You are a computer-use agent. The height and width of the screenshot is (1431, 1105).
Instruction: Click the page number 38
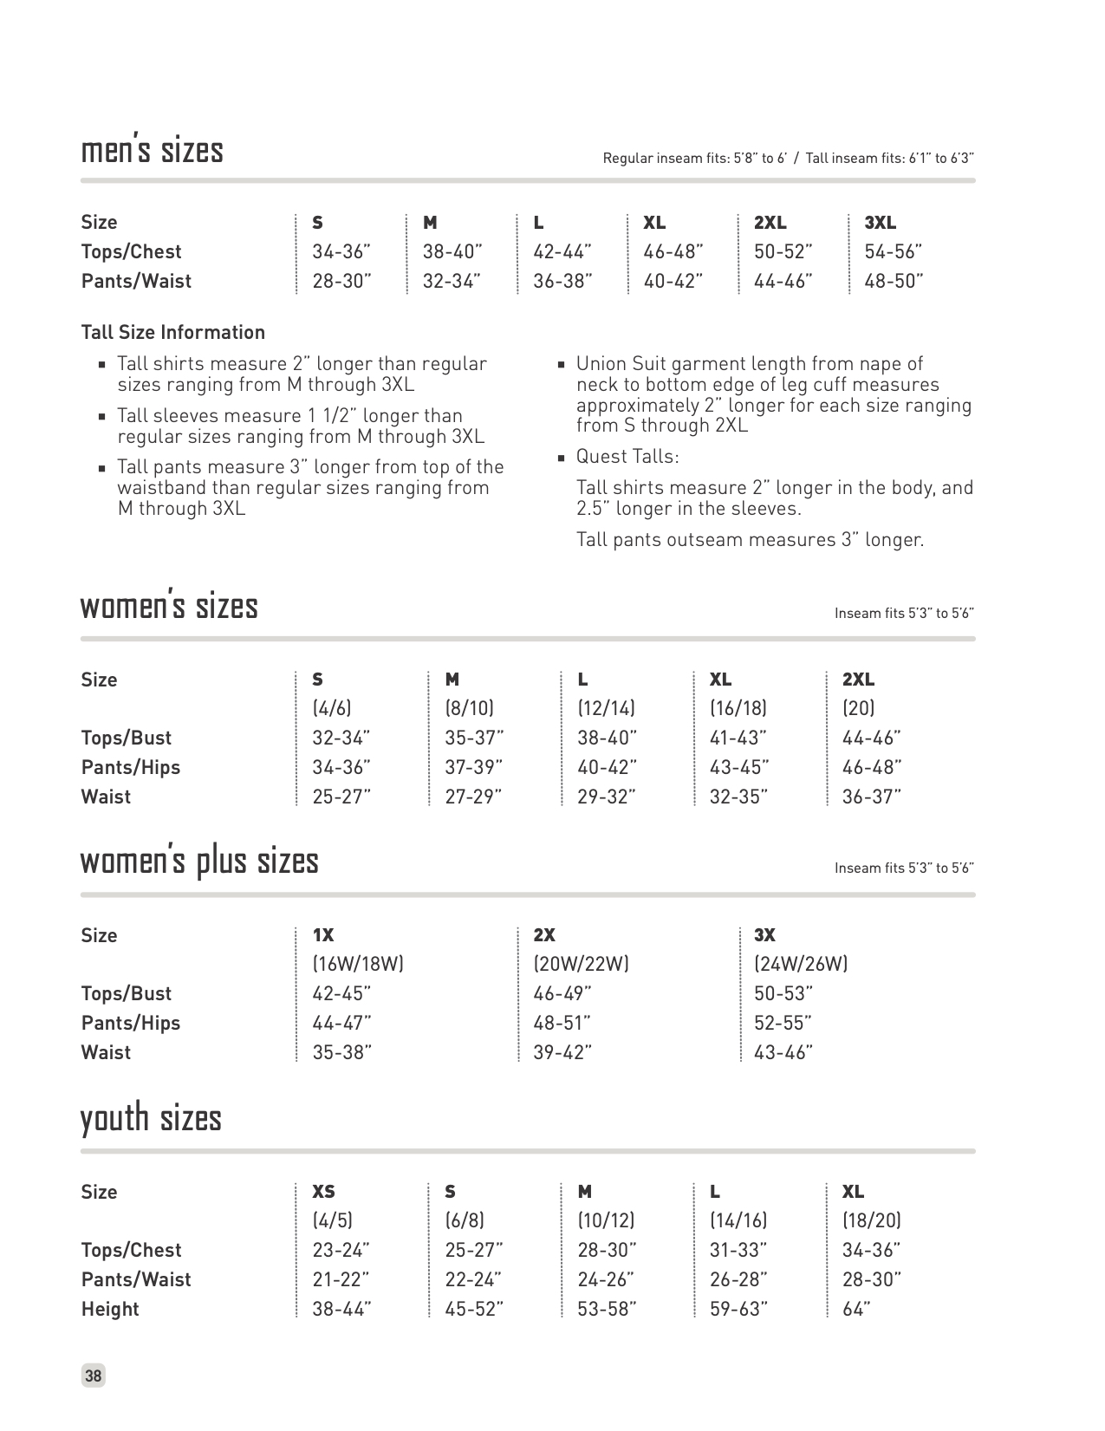[x=93, y=1376]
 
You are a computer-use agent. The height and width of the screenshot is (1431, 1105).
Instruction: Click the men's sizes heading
[x=152, y=151]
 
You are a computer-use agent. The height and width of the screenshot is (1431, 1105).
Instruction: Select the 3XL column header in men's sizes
[x=880, y=223]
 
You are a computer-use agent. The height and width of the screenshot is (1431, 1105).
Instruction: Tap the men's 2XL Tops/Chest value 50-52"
[x=783, y=252]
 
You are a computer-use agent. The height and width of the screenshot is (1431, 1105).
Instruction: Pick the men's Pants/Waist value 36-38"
[x=562, y=282]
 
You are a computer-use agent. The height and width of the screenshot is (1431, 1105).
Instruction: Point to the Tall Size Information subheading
[x=172, y=333]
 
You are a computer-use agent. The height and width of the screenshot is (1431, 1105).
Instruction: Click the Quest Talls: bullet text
[x=627, y=457]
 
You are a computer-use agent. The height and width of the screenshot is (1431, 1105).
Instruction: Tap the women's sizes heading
[x=169, y=607]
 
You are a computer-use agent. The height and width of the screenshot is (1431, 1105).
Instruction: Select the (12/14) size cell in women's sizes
[x=606, y=709]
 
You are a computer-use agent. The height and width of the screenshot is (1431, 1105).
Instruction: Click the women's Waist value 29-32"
[x=607, y=797]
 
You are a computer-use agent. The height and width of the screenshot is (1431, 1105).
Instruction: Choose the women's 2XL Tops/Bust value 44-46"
[x=871, y=738]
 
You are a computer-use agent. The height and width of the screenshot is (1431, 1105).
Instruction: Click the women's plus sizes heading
[x=199, y=862]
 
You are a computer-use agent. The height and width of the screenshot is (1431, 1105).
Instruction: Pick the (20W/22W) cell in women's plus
[x=581, y=964]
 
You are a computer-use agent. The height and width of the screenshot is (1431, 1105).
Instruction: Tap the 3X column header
[x=764, y=935]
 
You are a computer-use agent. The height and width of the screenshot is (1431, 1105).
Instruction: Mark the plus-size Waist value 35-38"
[x=341, y=1053]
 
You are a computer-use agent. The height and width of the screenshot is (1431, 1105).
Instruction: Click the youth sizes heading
[x=151, y=1118]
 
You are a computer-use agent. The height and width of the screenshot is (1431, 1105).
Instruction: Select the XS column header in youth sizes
[x=323, y=1192]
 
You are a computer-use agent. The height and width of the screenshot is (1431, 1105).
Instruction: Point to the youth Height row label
[x=110, y=1310]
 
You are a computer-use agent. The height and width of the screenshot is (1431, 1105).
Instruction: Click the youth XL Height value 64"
[x=855, y=1310]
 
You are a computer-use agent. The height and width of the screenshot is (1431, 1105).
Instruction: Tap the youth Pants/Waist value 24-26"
[x=605, y=1280]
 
